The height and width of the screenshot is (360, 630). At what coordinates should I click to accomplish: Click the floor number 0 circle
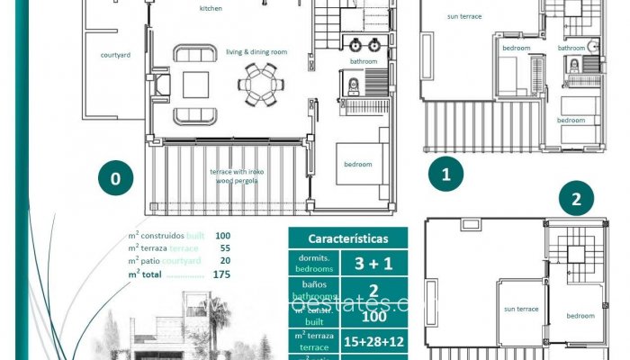click(115, 178)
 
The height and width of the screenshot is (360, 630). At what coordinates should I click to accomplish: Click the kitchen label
click(211, 9)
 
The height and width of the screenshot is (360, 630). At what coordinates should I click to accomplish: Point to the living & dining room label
click(256, 52)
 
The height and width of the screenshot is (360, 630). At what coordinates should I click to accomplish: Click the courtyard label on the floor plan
click(115, 55)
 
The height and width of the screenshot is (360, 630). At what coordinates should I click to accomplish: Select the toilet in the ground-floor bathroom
click(353, 85)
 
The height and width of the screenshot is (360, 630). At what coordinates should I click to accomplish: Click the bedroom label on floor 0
click(357, 164)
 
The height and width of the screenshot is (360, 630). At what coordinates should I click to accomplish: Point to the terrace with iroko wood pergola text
click(234, 175)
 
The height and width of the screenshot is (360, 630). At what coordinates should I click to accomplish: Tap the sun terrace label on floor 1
click(463, 15)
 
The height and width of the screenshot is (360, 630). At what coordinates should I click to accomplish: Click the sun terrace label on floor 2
click(521, 309)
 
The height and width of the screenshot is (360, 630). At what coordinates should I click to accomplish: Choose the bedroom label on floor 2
click(580, 316)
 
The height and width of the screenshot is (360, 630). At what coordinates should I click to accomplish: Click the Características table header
click(348, 239)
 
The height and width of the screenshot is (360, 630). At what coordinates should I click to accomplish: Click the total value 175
click(221, 274)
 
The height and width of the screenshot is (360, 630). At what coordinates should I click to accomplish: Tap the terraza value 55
click(223, 247)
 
